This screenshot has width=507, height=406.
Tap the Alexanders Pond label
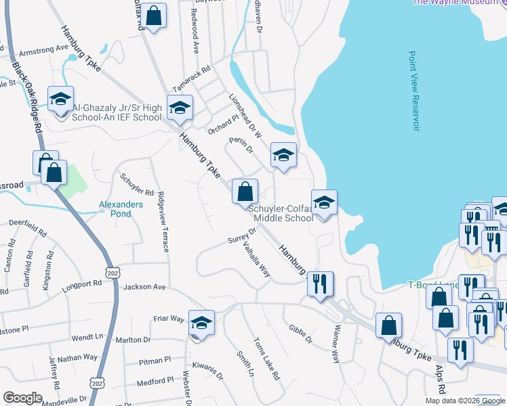click(x=121, y=208)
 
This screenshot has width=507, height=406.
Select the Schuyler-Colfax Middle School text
click(x=283, y=213)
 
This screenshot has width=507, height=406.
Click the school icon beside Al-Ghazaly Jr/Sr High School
click(x=60, y=100)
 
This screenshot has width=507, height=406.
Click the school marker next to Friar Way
click(x=201, y=323)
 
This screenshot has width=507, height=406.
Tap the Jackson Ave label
click(x=144, y=287)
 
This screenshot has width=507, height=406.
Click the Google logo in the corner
click(x=22, y=397)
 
